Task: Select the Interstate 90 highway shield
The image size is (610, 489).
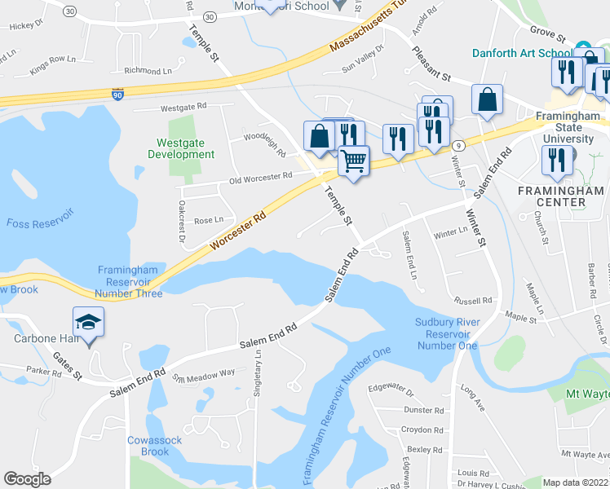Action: (x=117, y=94)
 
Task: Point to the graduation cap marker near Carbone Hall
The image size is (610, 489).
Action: (x=89, y=321)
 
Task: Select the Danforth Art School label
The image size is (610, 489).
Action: (x=522, y=53)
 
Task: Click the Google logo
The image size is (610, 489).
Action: (x=27, y=479)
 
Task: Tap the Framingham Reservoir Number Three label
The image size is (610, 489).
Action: (x=129, y=282)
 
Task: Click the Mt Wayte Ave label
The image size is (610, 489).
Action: (x=584, y=453)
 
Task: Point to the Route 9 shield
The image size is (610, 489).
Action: (x=460, y=146)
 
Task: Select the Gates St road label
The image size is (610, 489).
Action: (x=68, y=365)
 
